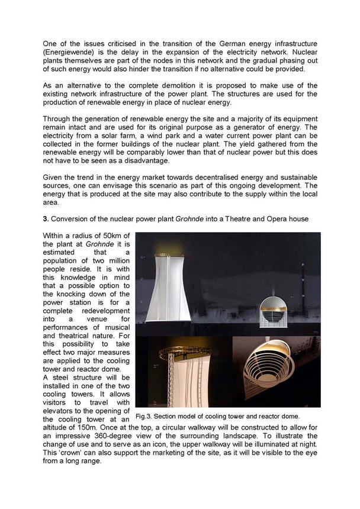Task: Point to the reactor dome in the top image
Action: tap(273, 313)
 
